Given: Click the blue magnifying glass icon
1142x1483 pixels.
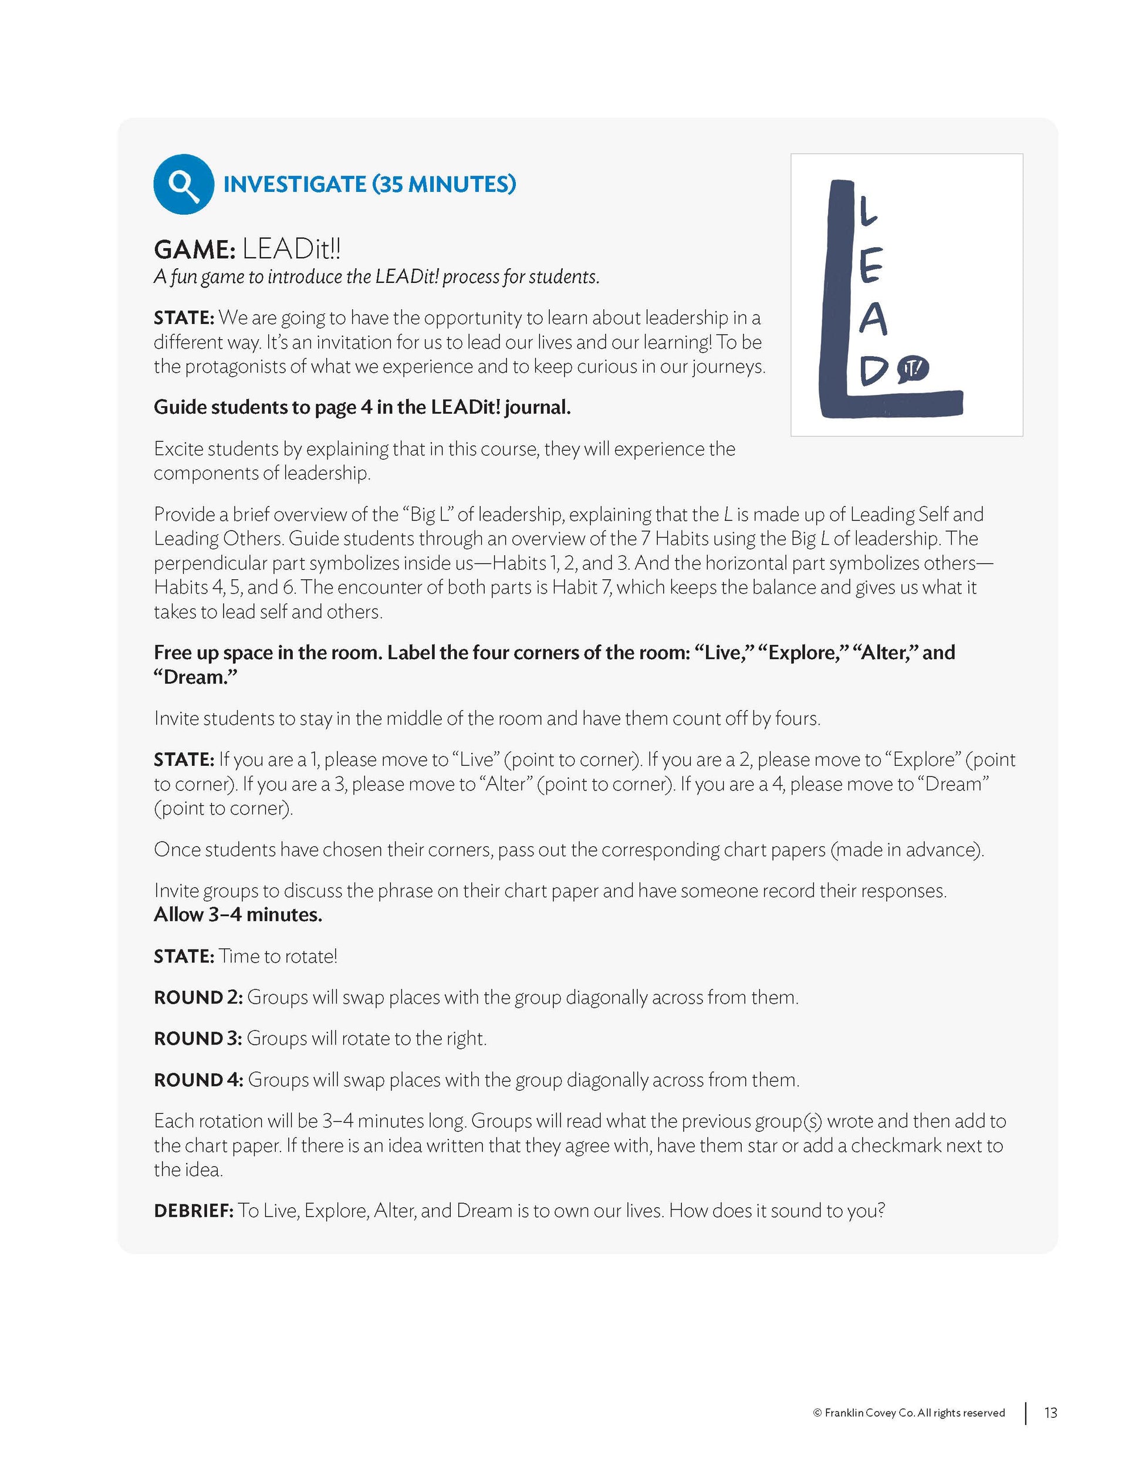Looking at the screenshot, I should (183, 184).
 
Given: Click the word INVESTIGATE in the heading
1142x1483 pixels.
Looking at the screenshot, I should (294, 184).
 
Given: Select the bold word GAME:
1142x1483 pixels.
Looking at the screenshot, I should (194, 249).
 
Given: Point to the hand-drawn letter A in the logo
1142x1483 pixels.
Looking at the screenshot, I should (873, 319).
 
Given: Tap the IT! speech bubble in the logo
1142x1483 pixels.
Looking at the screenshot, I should (913, 369).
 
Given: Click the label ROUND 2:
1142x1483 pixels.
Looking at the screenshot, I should (198, 997).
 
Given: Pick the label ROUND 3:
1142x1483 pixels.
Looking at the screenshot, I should (198, 1038).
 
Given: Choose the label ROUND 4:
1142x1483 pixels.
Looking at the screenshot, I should (198, 1080).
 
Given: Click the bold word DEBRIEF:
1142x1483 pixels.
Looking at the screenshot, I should (194, 1211).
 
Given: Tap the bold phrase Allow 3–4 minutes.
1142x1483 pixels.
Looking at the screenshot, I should (238, 915).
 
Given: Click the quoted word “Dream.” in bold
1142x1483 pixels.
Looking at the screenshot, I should (195, 677).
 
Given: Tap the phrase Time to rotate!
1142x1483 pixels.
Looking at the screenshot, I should (278, 956).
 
